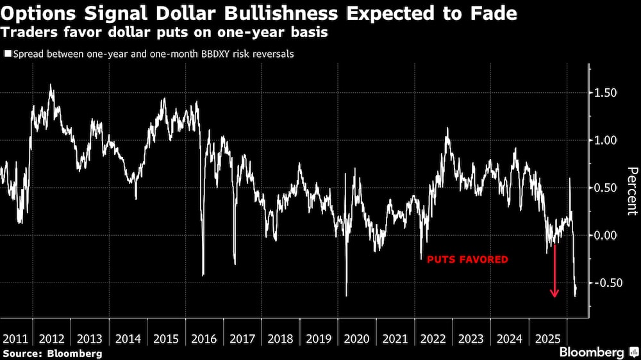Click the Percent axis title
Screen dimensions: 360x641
coord(632,190)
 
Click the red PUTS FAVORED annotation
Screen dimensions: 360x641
coord(467,259)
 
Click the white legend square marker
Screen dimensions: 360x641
coord(7,54)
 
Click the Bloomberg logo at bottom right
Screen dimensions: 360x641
coord(596,352)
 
